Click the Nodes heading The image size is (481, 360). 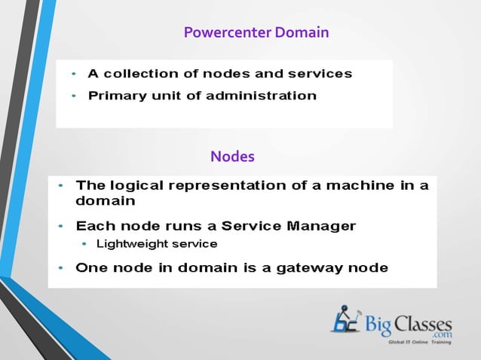tap(232, 157)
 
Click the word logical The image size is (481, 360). tap(136, 185)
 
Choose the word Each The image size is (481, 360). tap(93, 225)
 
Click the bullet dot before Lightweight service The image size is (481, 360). tap(84, 244)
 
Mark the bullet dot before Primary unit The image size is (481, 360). tap(74, 96)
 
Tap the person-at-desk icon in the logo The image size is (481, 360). tap(346, 319)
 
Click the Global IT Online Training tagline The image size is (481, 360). tap(419, 343)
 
